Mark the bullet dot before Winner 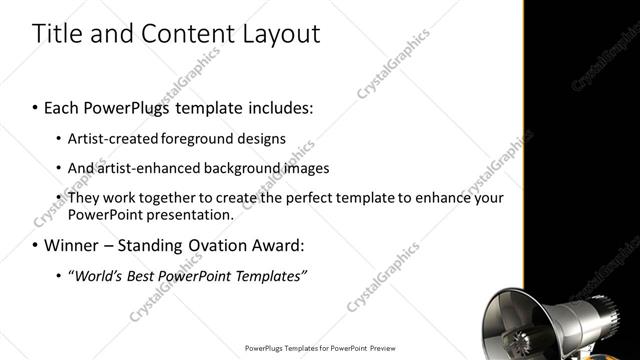coord(36,245)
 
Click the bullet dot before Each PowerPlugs coord(36,106)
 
